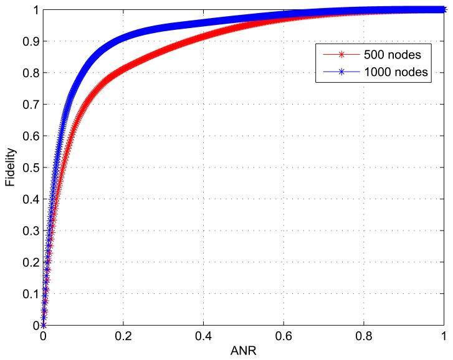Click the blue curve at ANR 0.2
coord(123,37)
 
